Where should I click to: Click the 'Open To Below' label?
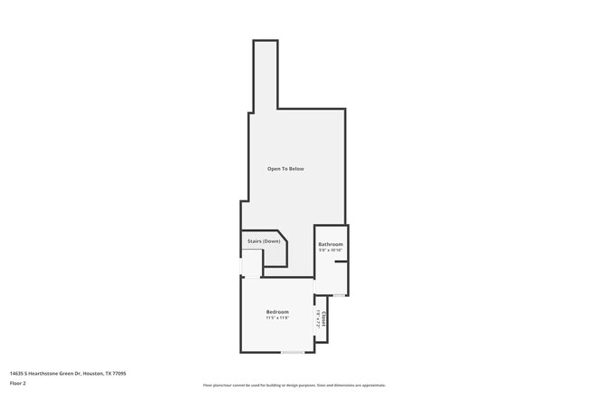pyautogui.click(x=285, y=169)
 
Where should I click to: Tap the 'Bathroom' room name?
pyautogui.click(x=330, y=244)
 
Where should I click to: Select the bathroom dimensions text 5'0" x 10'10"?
pyautogui.click(x=330, y=251)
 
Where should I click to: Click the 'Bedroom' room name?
pyautogui.click(x=276, y=312)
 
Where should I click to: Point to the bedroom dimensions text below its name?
pyautogui.click(x=276, y=319)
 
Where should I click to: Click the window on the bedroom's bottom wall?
pyautogui.click(x=292, y=352)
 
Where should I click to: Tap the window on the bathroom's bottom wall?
pyautogui.click(x=338, y=295)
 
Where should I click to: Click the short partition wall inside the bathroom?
pyautogui.click(x=341, y=262)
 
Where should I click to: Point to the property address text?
pyautogui.click(x=67, y=373)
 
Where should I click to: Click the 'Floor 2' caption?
pyautogui.click(x=18, y=384)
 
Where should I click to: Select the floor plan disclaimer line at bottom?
pyautogui.click(x=294, y=385)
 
